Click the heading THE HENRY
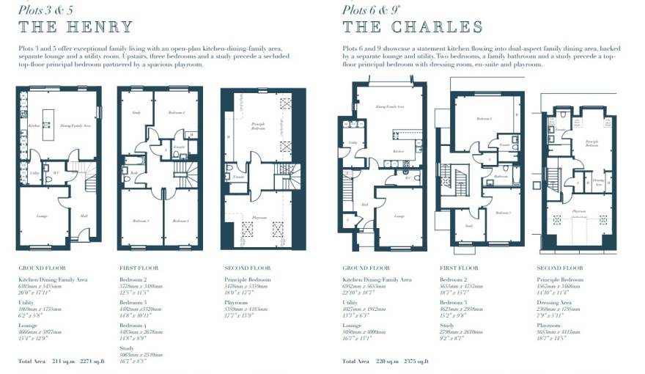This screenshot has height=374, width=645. (75, 28)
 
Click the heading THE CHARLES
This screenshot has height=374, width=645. (413, 28)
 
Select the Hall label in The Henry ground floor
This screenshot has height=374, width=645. (84, 216)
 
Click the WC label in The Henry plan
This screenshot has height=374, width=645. (56, 174)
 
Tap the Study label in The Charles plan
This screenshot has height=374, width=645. (469, 226)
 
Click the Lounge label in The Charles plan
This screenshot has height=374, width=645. (399, 216)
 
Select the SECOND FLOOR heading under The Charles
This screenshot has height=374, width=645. (560, 268)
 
